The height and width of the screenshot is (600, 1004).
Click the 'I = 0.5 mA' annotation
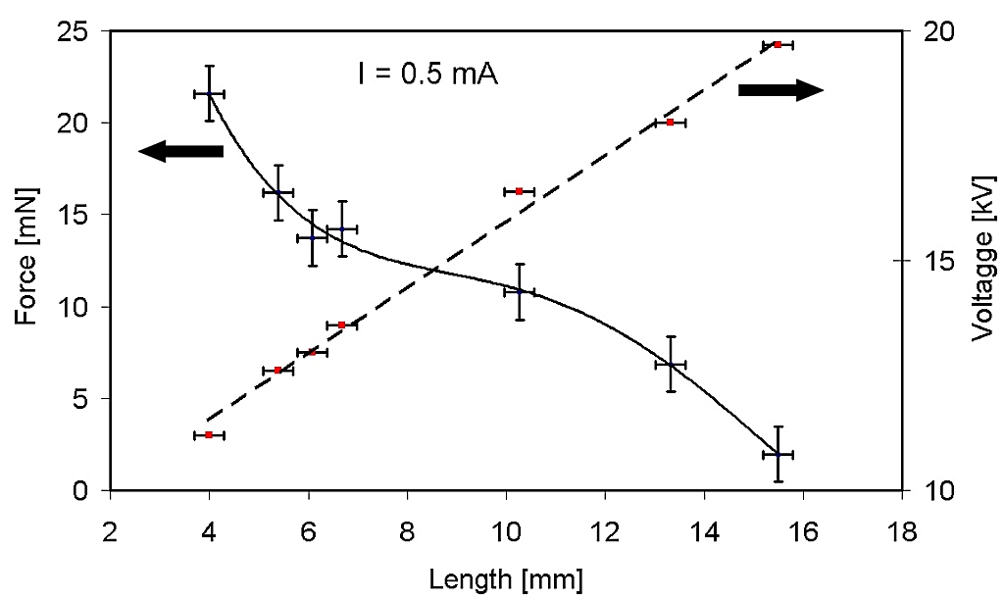tap(427, 75)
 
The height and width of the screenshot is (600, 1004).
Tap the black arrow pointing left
tap(181, 150)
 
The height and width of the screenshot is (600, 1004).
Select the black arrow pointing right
tap(779, 90)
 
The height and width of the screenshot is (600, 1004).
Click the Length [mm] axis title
tap(506, 579)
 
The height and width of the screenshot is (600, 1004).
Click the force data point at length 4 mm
tap(209, 93)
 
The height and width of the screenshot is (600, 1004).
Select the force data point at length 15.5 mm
tap(778, 454)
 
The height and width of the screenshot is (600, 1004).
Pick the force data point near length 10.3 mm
tap(520, 291)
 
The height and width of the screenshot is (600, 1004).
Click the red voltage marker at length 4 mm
tap(209, 434)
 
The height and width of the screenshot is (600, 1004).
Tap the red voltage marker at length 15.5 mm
tap(778, 44)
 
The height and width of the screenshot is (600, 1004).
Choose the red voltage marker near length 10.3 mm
tap(520, 191)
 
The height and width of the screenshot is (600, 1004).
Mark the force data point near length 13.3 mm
tap(671, 364)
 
